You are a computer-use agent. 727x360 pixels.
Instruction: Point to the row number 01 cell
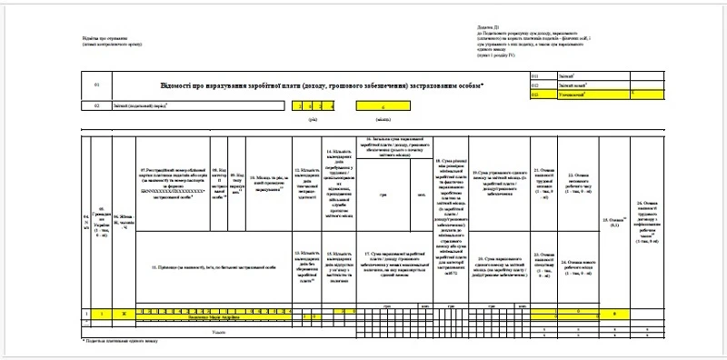pyautogui.click(x=95, y=85)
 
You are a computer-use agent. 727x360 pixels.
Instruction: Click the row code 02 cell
pyautogui.click(x=95, y=106)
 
